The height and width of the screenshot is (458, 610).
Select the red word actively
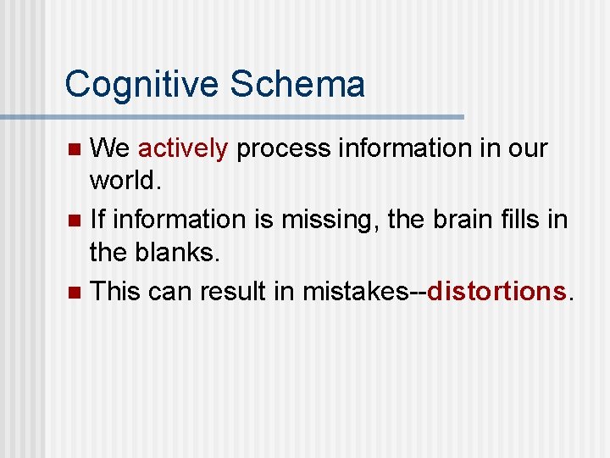point(182,149)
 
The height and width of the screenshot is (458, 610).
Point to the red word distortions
point(496,291)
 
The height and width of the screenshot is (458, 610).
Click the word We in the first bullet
point(109,149)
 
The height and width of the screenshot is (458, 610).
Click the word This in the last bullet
point(115,291)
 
